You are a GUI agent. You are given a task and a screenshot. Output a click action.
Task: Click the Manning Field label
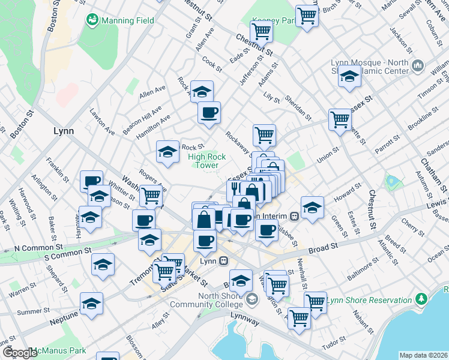pyautogui.click(x=127, y=20)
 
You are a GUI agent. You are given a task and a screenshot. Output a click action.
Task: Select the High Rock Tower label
pyautogui.click(x=207, y=161)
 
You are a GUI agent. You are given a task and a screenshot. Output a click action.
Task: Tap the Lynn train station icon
pyautogui.click(x=223, y=261)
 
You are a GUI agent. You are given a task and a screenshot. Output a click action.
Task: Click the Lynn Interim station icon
pyautogui.click(x=294, y=216)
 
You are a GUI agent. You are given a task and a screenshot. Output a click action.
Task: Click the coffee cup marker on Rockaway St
pyautogui.click(x=209, y=112)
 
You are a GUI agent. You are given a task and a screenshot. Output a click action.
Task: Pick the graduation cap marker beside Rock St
pyautogui.click(x=167, y=151)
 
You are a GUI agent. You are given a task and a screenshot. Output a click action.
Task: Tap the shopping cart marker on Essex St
pyautogui.click(x=340, y=119)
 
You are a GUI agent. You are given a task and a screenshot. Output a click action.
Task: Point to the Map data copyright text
pyautogui.click(x=424, y=355)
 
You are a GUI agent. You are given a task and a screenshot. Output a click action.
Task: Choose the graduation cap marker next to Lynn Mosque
pyautogui.click(x=349, y=76)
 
